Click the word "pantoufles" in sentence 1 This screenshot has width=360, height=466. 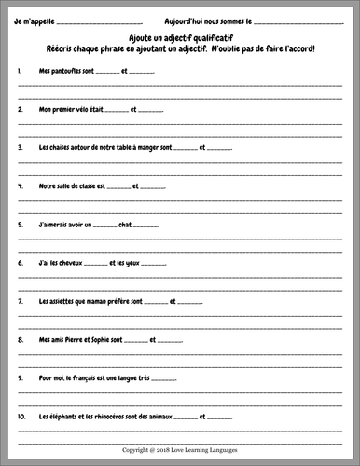tap(66, 71)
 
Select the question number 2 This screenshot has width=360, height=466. tap(21, 109)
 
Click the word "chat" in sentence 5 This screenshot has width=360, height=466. tap(128, 225)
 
